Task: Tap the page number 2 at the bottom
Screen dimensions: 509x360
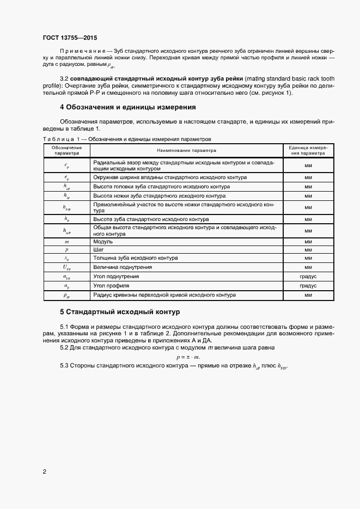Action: [45, 471]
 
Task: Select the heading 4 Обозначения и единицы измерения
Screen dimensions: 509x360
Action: [127, 107]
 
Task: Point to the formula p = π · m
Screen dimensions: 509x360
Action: [188, 357]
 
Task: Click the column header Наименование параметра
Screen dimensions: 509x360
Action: [186, 150]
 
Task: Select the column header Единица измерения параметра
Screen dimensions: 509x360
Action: [307, 150]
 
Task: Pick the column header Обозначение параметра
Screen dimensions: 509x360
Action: [66, 150]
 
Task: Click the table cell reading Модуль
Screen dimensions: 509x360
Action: [103, 241]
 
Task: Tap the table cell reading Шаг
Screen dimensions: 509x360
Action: [99, 249]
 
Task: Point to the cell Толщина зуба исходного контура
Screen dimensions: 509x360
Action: [135, 258]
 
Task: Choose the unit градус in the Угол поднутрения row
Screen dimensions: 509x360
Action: [307, 277]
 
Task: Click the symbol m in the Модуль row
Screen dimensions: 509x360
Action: [66, 241]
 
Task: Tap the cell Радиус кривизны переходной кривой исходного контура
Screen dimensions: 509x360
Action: [164, 295]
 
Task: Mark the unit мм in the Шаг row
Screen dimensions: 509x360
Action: [307, 249]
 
